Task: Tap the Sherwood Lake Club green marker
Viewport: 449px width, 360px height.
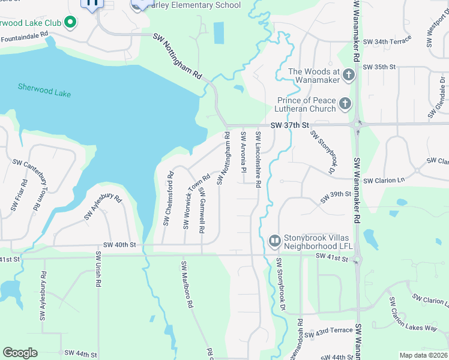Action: pyautogui.click(x=70, y=23)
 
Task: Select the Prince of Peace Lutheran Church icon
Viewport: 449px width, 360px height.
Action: pyautogui.click(x=345, y=104)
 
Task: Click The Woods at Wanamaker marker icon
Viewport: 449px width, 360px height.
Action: pyautogui.click(x=349, y=76)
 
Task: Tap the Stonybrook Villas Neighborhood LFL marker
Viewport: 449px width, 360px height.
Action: pyautogui.click(x=274, y=241)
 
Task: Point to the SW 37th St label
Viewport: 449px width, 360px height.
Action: pyautogui.click(x=289, y=125)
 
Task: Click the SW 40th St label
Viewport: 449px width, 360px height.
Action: pyautogui.click(x=119, y=245)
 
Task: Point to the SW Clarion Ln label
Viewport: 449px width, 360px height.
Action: pyautogui.click(x=384, y=180)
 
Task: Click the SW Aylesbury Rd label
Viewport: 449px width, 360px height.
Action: pyautogui.click(x=103, y=207)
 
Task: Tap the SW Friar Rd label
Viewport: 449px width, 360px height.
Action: pyautogui.click(x=16, y=195)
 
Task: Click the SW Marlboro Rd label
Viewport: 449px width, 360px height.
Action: pyautogui.click(x=187, y=284)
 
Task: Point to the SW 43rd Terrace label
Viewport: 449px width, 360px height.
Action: pyautogui.click(x=333, y=331)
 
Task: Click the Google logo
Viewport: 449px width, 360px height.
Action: pyautogui.click(x=20, y=353)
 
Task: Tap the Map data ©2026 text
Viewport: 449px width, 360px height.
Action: pyautogui.click(x=423, y=355)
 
